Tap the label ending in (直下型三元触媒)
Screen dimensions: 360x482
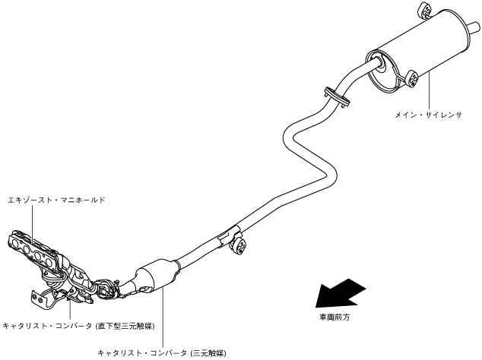click(x=78, y=326)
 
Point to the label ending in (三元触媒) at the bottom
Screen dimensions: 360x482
click(x=162, y=352)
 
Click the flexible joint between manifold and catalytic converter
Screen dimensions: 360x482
click(x=109, y=287)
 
